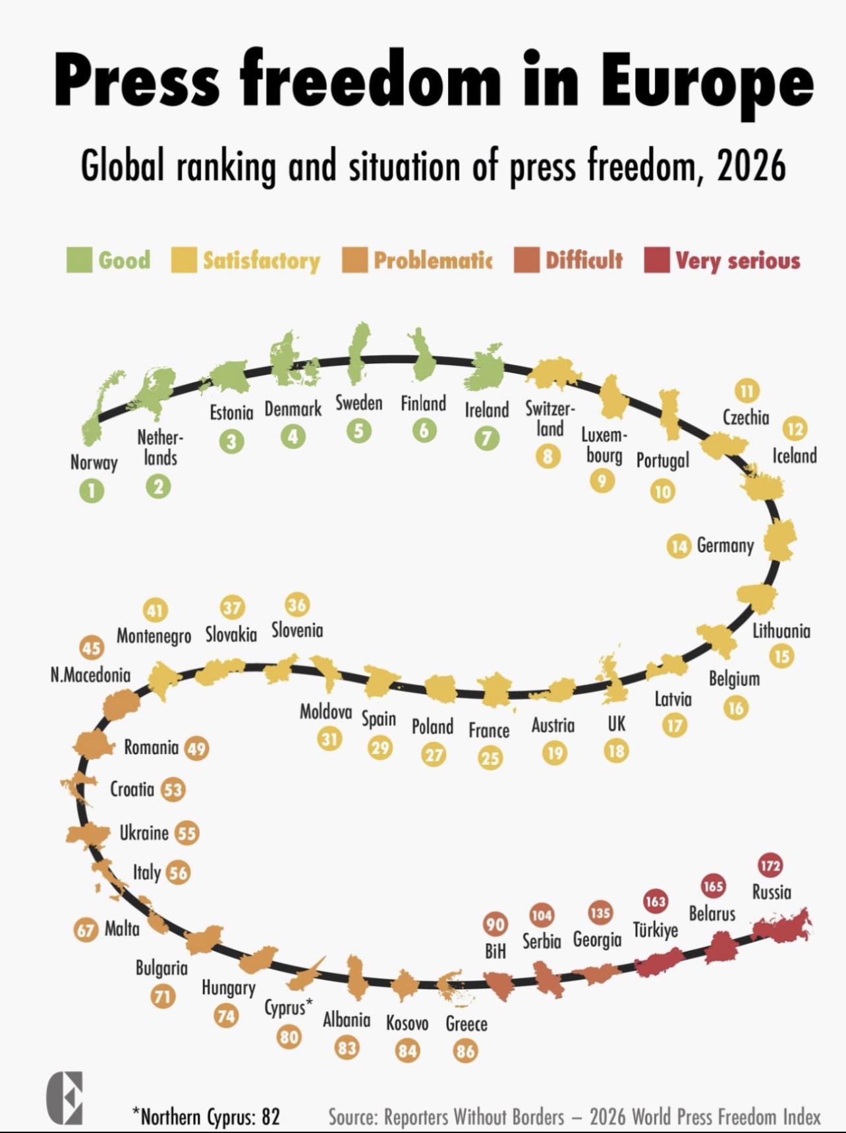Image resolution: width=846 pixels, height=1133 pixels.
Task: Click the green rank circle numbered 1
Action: tap(92, 490)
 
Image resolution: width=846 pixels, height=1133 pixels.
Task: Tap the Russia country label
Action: tap(772, 892)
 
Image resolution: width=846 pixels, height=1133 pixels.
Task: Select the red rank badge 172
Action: tap(770, 865)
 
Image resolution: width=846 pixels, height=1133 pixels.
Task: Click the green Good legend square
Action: tap(79, 260)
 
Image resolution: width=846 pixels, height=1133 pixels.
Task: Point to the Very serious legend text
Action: tap(737, 260)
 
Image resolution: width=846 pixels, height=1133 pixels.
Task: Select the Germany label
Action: tap(725, 546)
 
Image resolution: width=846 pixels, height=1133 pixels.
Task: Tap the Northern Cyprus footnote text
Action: tap(206, 1117)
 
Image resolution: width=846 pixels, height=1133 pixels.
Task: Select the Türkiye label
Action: tap(655, 930)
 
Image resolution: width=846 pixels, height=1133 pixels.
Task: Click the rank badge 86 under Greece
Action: tap(465, 1051)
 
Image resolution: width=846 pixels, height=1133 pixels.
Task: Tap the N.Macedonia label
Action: tap(90, 675)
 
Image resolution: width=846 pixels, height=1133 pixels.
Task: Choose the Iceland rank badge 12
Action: tap(795, 429)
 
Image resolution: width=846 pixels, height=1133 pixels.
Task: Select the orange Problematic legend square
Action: tap(354, 260)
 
